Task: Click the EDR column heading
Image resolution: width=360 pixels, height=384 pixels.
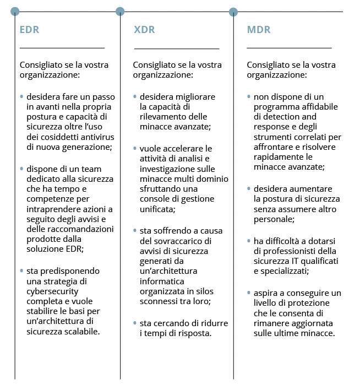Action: coord(29,30)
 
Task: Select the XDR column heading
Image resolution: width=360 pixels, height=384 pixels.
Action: coord(144,30)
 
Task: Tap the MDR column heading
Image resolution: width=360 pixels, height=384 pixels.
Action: coord(259,30)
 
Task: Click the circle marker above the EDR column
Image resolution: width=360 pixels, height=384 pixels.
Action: coord(15,11)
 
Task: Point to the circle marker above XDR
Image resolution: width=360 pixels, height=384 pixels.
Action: coord(120,11)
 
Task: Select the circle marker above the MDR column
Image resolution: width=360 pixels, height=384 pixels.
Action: coord(233,11)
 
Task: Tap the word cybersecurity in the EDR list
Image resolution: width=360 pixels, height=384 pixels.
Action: coord(52,291)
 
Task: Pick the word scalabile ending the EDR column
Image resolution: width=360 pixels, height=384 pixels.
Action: coord(81,332)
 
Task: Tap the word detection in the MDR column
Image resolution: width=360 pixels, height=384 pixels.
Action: coord(282,117)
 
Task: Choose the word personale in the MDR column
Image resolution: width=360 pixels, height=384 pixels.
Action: coord(274,219)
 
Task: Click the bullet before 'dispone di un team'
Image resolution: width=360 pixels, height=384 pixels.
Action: coord(21,169)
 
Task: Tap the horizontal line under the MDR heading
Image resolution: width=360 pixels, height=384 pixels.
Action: coord(289,48)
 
